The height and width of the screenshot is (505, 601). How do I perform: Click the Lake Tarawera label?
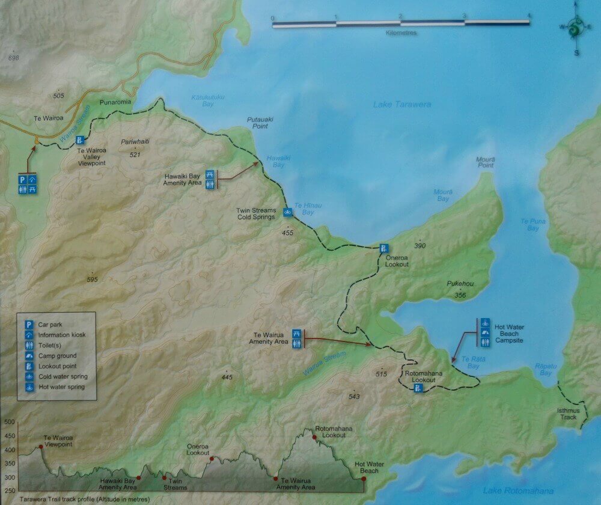pos(402,105)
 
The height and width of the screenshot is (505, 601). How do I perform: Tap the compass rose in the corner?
pos(576,28)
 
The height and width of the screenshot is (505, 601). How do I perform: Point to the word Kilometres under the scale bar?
pos(401,33)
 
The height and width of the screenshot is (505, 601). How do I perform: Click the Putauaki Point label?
pos(260,123)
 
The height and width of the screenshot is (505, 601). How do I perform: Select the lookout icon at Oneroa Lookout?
pos(383,248)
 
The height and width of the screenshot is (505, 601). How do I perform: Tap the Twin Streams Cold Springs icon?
pos(287,212)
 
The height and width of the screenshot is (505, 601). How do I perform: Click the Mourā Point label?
pos(485,162)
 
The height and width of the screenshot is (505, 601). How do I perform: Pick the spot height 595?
pos(91,280)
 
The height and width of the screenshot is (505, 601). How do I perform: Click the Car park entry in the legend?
pos(50,324)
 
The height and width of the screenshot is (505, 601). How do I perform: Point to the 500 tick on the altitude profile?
pos(9,422)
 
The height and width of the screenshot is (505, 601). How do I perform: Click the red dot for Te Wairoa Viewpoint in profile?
pos(41,447)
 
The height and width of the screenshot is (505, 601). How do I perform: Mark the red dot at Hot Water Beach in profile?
pos(363,479)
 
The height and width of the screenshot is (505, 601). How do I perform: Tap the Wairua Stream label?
pos(325,364)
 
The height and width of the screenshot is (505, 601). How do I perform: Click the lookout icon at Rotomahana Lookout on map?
pos(418,388)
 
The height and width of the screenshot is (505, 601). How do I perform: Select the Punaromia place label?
pos(115,102)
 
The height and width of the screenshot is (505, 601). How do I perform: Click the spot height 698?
pos(14,58)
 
